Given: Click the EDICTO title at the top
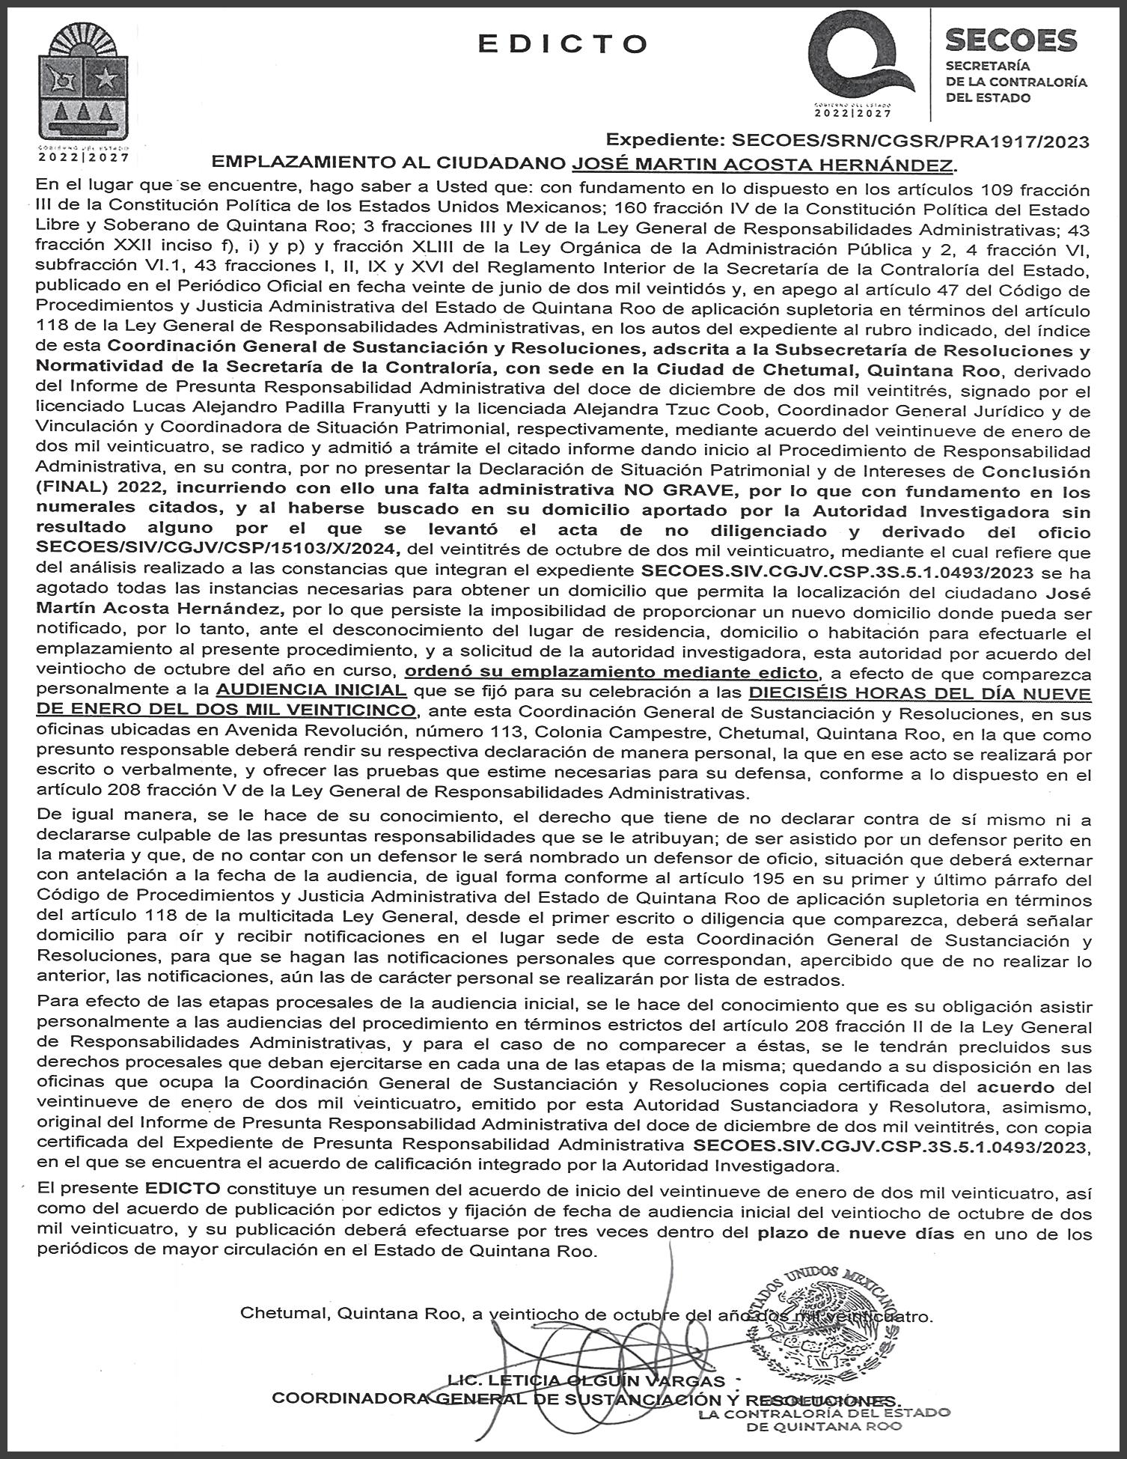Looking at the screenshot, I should (563, 44).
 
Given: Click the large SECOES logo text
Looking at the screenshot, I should (1011, 40).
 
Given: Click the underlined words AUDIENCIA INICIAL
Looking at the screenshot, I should (311, 689).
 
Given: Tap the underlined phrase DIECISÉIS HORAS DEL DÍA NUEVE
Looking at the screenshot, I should (920, 693).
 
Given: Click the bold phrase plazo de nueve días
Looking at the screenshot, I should (855, 1233).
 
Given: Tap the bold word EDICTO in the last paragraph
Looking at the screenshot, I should (183, 1188).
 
